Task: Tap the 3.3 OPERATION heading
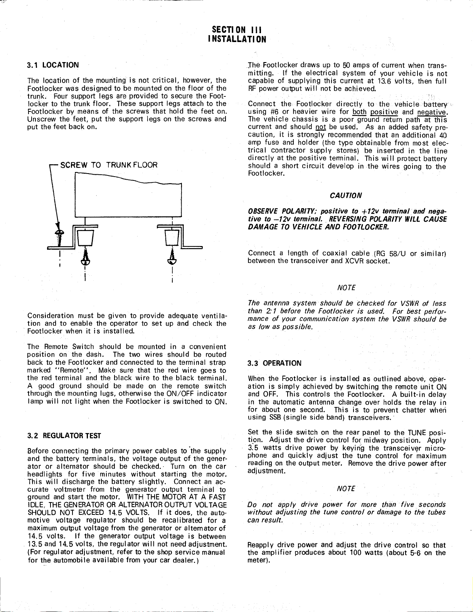(x=274, y=363)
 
